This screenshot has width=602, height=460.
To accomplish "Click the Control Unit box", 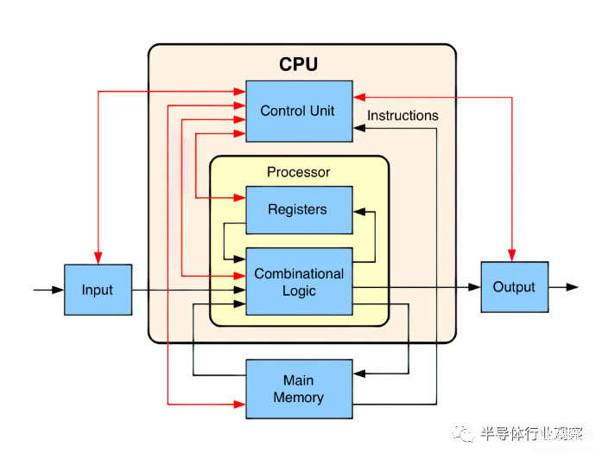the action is click(299, 111).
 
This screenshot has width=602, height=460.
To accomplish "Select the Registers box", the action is click(299, 210).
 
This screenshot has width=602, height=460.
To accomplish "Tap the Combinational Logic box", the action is click(299, 281).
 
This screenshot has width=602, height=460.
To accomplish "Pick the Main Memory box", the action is click(299, 389).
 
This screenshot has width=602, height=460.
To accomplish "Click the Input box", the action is click(98, 290).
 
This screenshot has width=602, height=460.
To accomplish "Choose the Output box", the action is click(515, 287).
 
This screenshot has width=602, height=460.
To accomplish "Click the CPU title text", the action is click(298, 64).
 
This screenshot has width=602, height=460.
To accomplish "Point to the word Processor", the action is click(298, 172).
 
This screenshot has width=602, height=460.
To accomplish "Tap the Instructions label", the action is click(402, 115).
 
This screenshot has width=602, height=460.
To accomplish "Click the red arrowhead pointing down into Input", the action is click(98, 259).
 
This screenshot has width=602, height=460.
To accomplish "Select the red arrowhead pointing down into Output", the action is click(512, 256).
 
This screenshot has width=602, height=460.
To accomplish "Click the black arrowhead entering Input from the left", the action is click(58, 290).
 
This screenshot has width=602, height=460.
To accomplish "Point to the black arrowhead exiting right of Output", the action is click(572, 287).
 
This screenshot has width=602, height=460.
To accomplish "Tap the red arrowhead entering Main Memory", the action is click(239, 405).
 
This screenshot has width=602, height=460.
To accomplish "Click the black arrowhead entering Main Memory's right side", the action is click(359, 374).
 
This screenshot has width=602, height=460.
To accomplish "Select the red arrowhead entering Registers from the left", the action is click(239, 198).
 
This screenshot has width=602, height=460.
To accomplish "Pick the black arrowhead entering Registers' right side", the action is click(359, 212).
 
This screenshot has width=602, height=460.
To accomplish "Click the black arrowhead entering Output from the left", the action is click(474, 287).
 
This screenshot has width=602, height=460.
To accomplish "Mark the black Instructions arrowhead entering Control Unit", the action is click(359, 128).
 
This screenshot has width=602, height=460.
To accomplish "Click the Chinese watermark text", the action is click(532, 434).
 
